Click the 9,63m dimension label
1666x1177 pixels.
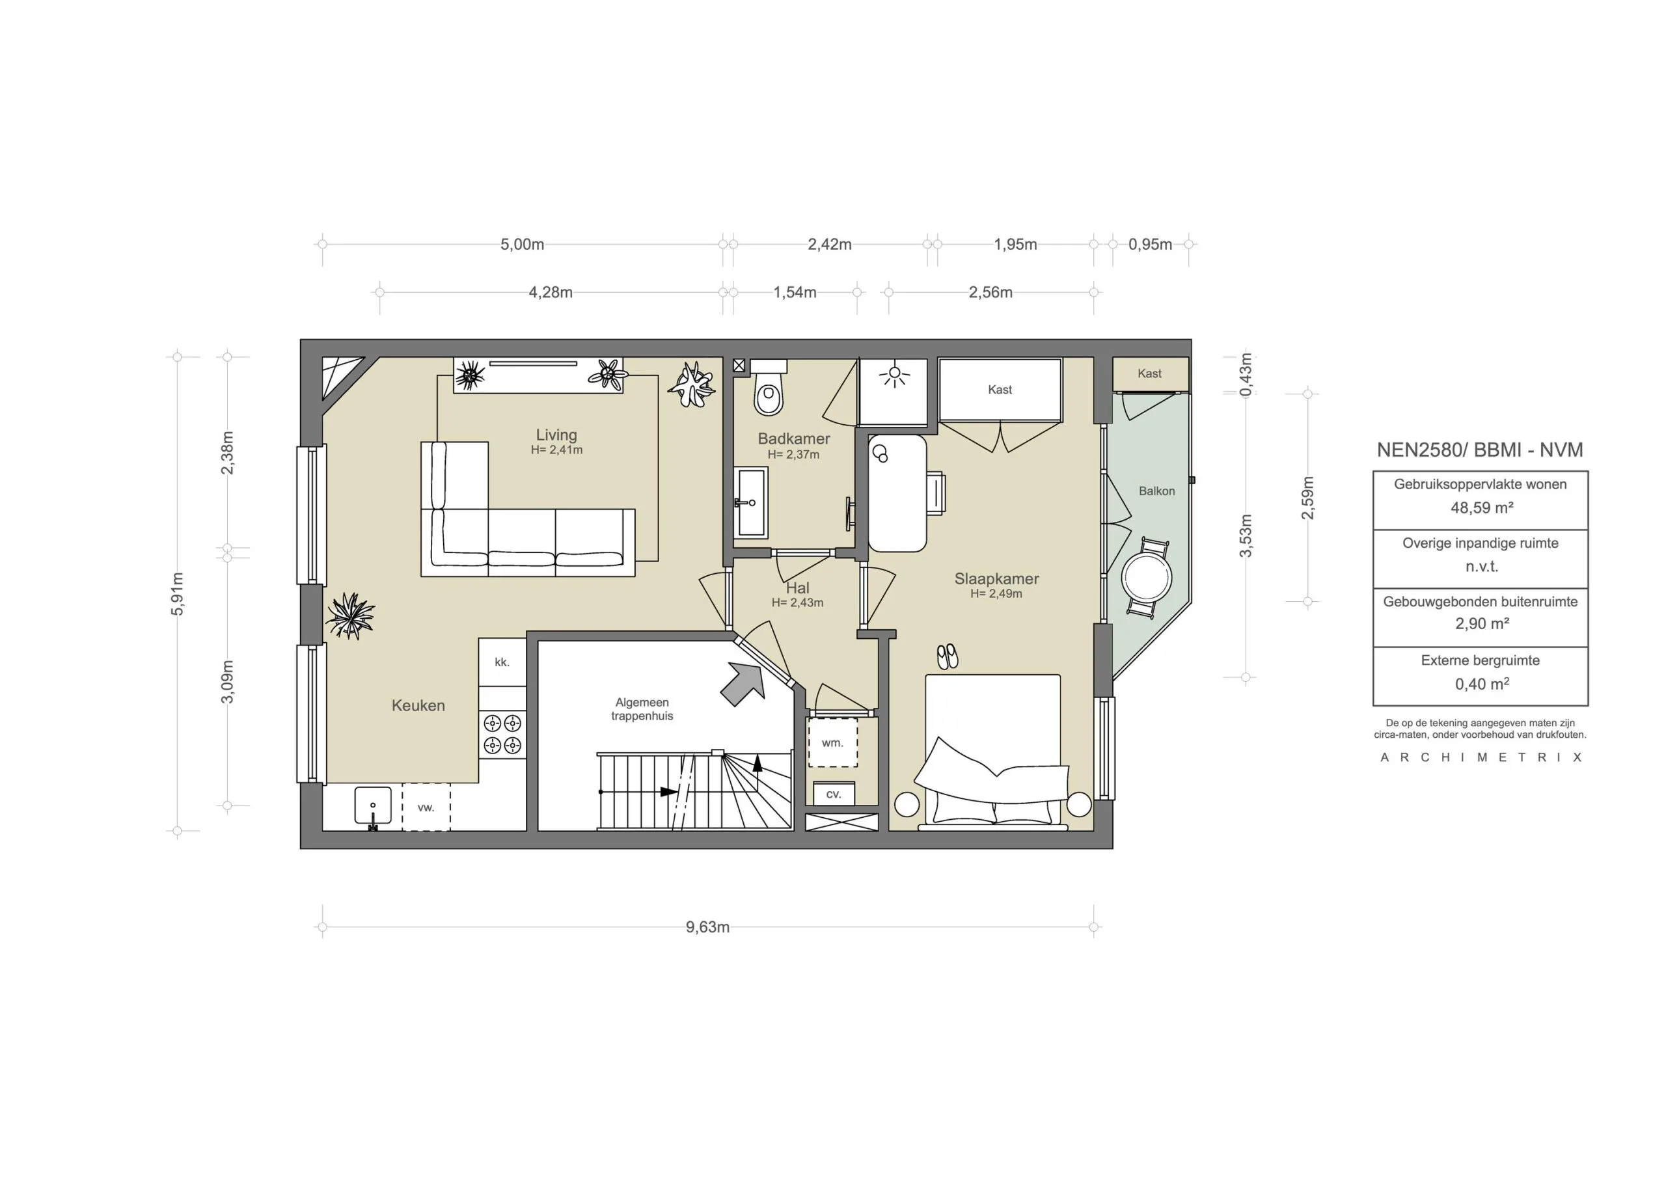707,927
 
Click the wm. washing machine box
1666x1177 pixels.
832,743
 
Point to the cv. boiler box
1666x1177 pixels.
834,794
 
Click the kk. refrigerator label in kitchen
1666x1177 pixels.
501,662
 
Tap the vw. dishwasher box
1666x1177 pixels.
426,807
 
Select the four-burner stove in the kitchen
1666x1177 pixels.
502,734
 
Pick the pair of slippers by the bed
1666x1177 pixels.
947,656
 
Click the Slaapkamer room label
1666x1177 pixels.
996,579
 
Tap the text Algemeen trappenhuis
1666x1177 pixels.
642,709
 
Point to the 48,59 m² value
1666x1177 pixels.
1482,508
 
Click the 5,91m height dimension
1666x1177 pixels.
178,593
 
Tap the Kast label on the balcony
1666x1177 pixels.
1149,373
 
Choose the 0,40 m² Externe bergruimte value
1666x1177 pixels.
1482,684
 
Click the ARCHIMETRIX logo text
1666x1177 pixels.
1481,757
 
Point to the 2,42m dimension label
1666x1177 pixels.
829,245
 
